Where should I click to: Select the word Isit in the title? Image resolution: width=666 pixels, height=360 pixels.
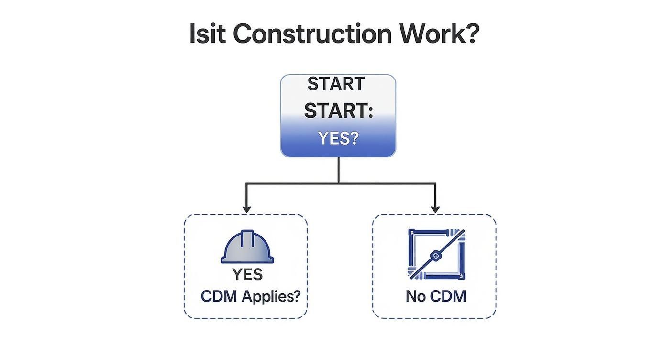[x=207, y=34]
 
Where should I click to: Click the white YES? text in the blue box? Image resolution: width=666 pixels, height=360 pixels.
[x=338, y=138]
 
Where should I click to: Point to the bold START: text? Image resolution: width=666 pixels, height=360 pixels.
[x=338, y=111]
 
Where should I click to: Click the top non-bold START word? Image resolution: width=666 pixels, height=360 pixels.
[x=336, y=84]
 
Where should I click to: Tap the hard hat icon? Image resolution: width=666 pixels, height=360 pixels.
[x=247, y=247]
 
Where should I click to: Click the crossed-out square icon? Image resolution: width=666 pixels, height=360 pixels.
[x=435, y=254]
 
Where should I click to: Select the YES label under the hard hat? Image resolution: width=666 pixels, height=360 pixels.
[x=247, y=274]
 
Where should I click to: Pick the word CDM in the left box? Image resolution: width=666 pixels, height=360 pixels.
[x=219, y=296]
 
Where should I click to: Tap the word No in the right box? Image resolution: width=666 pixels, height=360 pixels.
[x=415, y=296]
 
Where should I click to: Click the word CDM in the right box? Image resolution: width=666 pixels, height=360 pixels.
[x=448, y=296]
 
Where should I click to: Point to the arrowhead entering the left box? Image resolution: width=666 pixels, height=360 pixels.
[x=246, y=209]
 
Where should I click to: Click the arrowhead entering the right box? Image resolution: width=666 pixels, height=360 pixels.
[x=435, y=209]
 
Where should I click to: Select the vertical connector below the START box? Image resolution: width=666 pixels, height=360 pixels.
[x=339, y=170]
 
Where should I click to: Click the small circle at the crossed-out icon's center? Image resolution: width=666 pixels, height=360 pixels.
[x=435, y=256]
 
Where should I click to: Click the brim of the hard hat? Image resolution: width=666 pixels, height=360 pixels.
[x=247, y=260]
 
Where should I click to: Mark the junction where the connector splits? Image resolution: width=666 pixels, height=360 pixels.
[x=339, y=183]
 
